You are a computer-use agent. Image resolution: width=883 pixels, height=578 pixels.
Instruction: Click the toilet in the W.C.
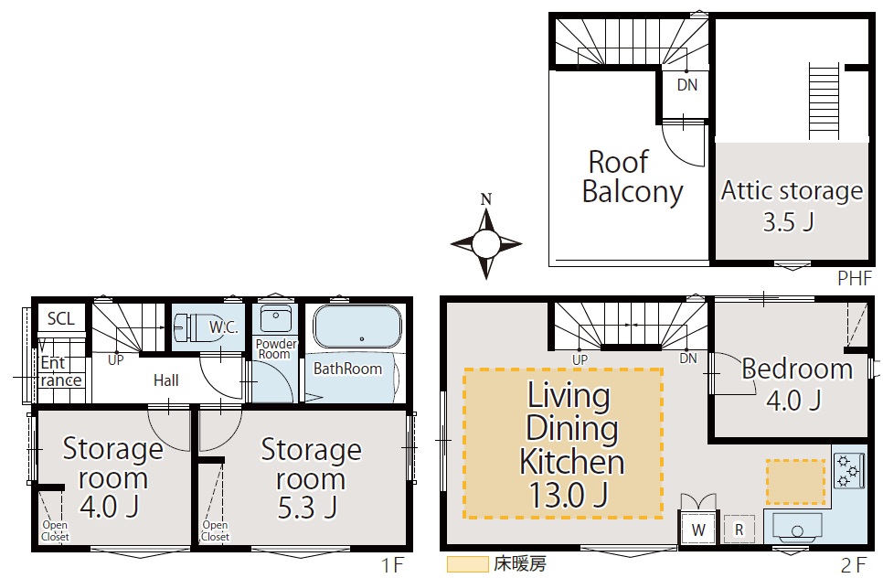191,327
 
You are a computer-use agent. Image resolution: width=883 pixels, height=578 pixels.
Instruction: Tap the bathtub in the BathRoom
357,326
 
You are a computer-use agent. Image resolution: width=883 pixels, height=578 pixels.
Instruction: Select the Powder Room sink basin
275,319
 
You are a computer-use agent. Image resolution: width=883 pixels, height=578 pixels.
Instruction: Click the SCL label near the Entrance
61,319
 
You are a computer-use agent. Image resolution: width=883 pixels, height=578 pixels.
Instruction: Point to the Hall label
165,380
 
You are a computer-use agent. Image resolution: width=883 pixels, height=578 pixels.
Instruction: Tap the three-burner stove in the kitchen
848,470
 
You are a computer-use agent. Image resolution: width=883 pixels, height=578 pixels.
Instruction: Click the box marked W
698,530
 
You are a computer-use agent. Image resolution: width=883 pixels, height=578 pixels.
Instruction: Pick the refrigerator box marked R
739,530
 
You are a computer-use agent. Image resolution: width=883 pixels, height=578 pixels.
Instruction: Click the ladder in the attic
824,101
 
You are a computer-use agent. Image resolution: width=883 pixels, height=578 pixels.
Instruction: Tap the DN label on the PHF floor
687,85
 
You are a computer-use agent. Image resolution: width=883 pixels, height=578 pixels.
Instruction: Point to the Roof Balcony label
632,177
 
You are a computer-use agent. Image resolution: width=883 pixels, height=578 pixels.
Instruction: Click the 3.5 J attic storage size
788,221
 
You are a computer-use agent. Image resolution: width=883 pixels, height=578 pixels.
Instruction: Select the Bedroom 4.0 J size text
794,401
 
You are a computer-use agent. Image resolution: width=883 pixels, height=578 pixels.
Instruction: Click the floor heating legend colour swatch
467,564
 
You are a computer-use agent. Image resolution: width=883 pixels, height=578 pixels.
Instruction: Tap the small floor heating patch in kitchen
795,482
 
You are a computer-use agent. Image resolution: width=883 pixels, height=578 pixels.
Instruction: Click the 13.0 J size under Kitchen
569,495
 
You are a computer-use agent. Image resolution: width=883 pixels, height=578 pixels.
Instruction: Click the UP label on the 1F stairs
115,359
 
